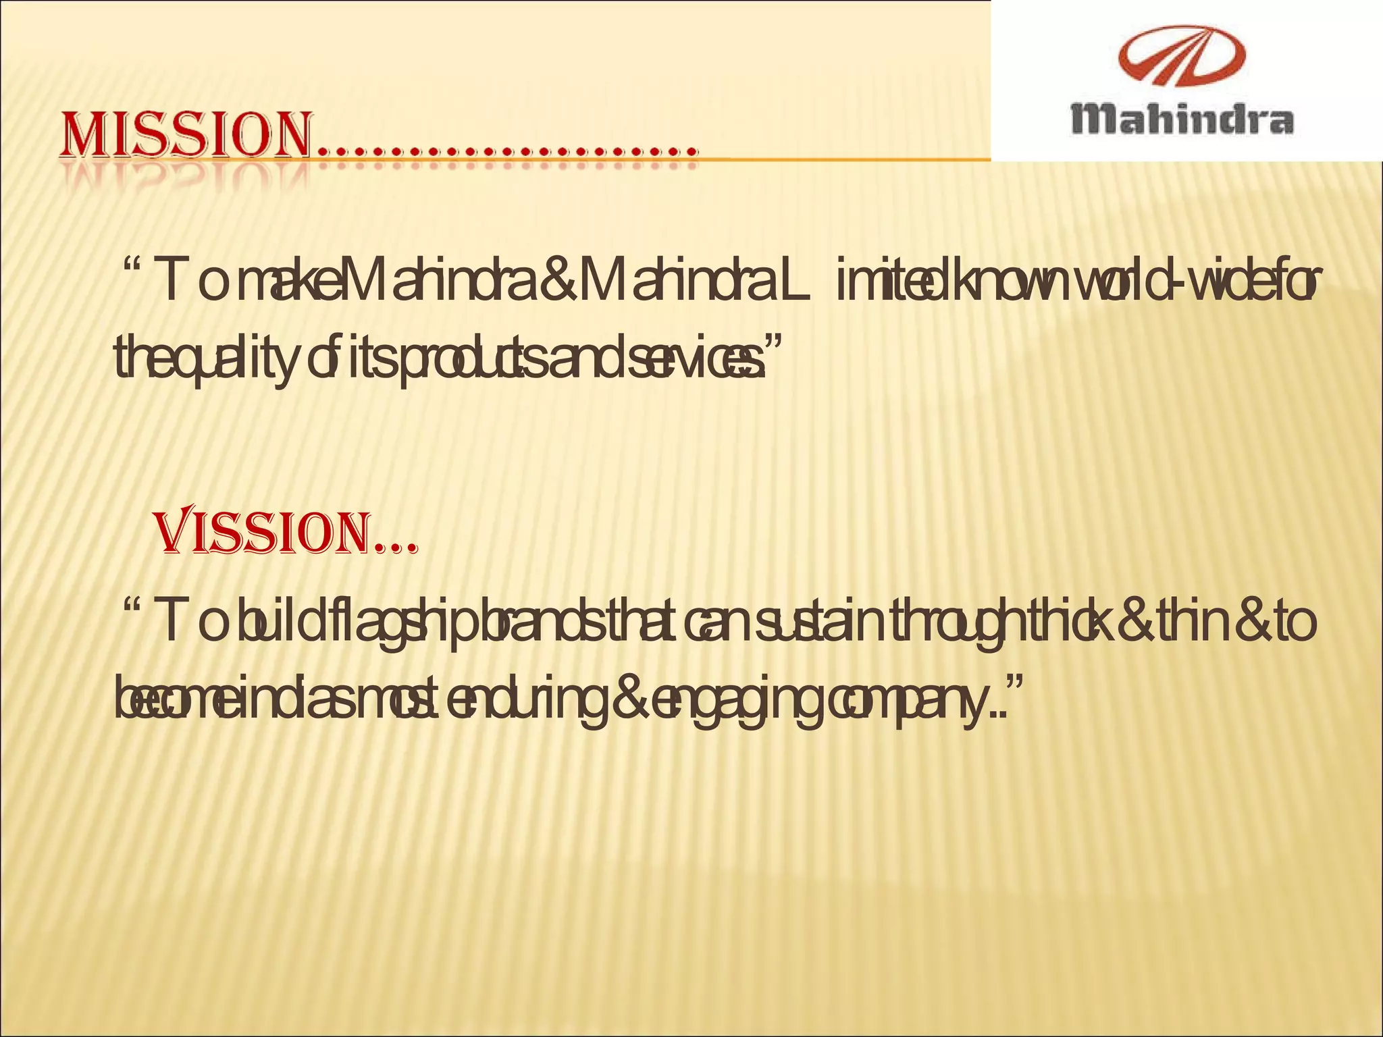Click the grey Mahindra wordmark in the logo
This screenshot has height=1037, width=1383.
tap(1182, 119)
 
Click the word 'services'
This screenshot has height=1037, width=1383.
tap(689, 358)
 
